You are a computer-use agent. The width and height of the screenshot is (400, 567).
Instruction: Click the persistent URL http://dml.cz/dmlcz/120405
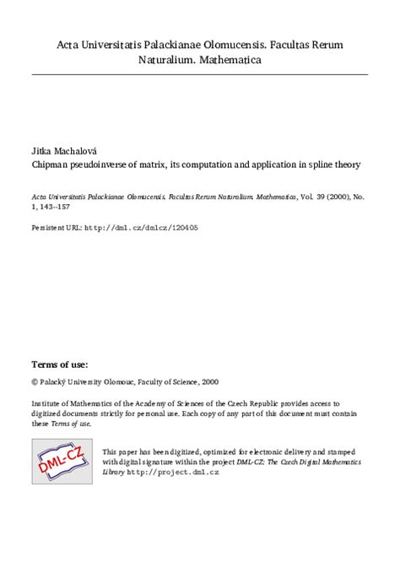click(143, 227)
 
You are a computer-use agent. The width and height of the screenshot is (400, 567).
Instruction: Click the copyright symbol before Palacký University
click(35, 381)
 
